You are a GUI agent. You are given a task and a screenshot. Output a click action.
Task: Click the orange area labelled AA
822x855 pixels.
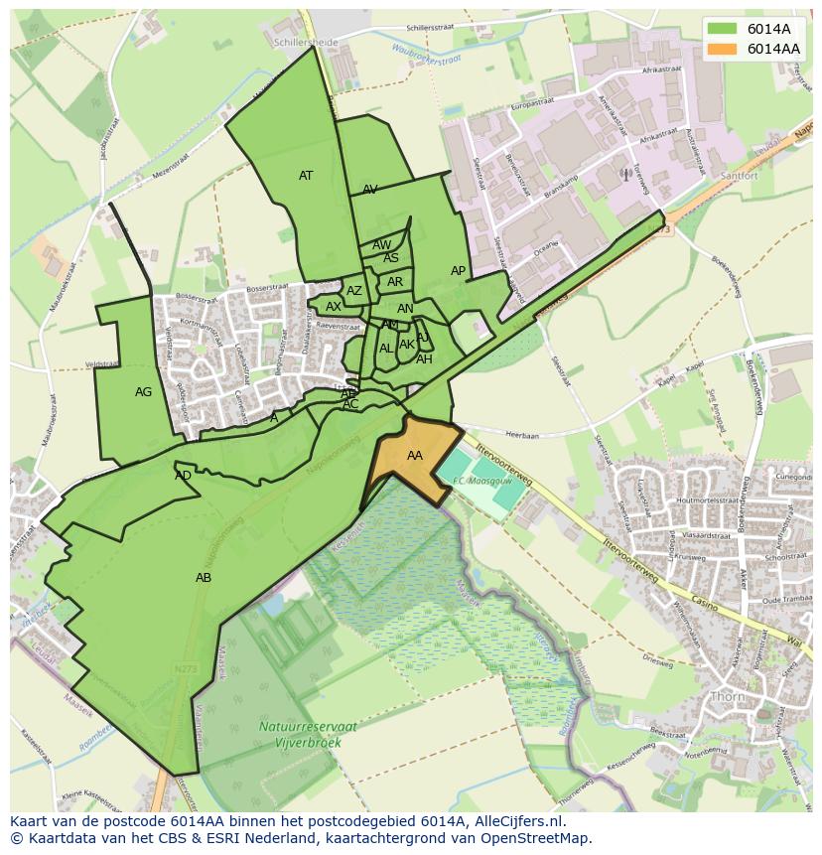pos(415,456)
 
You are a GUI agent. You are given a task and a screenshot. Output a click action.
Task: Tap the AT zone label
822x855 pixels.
pos(306,176)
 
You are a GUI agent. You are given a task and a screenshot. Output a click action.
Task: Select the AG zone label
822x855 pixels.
pos(143,392)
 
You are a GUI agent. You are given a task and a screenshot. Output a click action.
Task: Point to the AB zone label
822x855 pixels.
pos(203,578)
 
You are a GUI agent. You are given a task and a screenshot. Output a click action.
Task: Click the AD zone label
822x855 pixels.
pos(183,476)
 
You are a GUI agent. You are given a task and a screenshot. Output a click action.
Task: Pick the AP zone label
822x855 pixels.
pos(458,271)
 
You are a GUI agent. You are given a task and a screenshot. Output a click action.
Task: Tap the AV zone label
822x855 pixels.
pos(369,190)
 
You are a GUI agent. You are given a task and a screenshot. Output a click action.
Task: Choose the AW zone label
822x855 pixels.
pos(381,245)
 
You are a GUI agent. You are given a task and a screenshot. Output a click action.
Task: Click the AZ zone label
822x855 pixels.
pos(354,291)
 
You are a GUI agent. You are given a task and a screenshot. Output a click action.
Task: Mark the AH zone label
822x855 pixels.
pos(424,359)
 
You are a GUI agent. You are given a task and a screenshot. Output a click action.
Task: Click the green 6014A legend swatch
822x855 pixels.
pos(723,28)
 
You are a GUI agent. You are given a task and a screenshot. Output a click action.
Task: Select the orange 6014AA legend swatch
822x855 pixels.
pos(723,49)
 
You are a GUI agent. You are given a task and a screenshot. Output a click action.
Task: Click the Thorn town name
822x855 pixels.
pos(729,696)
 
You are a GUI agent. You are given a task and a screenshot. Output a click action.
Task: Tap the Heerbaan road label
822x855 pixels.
pos(522,435)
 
